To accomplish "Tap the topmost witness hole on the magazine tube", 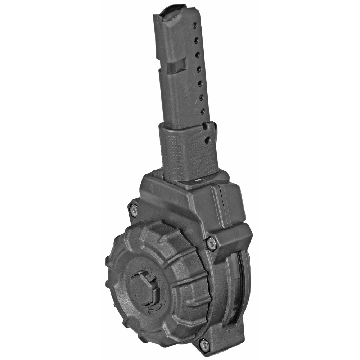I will (x=195, y=26).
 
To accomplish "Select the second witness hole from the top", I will (x=196, y=40).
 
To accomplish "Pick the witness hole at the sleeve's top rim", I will (x=204, y=126).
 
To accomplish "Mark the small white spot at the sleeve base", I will (x=198, y=179).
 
